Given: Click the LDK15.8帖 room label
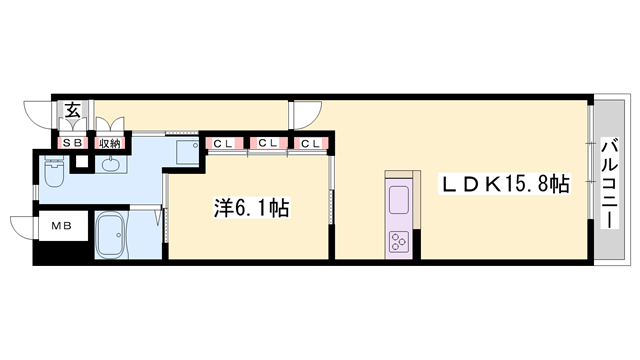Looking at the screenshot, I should [x=506, y=184].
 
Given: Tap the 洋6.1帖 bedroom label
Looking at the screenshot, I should [x=252, y=208].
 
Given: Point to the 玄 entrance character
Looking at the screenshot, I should [x=73, y=110].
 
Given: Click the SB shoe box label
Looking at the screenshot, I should [x=73, y=143].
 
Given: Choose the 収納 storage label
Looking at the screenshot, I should [x=109, y=143].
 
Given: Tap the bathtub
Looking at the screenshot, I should [x=119, y=236].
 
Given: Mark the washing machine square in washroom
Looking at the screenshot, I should [x=186, y=154].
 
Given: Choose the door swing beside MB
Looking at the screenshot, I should [x=22, y=228].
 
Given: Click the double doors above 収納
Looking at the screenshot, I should [x=110, y=128].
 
